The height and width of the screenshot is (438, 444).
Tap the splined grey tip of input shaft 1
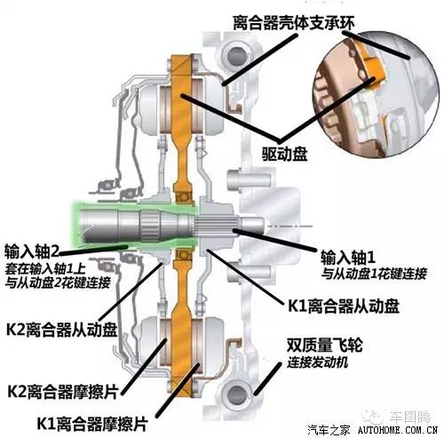(x=242, y=234)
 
